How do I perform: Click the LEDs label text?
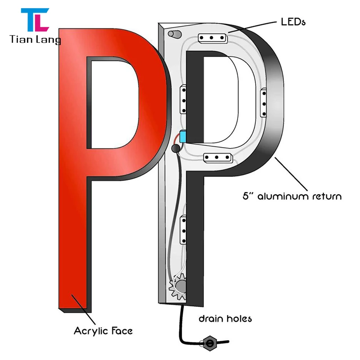click(x=293, y=21)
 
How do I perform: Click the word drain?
click(x=211, y=319)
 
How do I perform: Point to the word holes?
click(x=238, y=319)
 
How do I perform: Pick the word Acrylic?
click(x=90, y=331)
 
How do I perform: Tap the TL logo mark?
click(x=34, y=19)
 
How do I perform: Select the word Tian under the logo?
click(x=20, y=40)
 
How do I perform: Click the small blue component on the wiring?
click(x=183, y=136)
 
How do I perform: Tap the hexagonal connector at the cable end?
click(x=210, y=343)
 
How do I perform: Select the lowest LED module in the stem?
click(x=184, y=229)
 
